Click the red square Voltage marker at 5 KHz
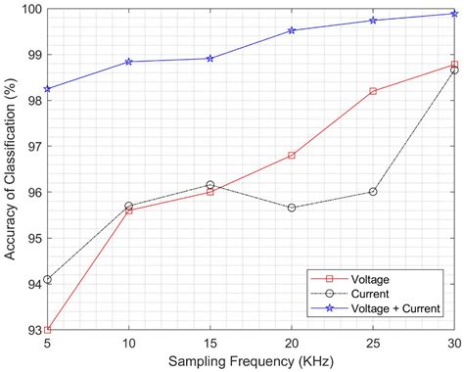[x=47, y=330]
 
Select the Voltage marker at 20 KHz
[x=292, y=155]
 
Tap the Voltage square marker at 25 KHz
[x=373, y=91]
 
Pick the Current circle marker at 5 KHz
[x=47, y=280]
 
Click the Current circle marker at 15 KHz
[x=210, y=185]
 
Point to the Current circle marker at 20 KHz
[x=292, y=208]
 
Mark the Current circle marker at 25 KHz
[x=373, y=192]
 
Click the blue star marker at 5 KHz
[x=47, y=89]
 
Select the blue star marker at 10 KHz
[x=129, y=62]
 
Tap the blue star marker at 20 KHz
[x=292, y=30]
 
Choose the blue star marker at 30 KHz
[x=454, y=14]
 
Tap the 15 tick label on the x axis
[x=210, y=342]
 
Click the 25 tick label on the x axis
[x=373, y=342]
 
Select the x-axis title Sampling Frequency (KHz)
[x=251, y=360]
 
